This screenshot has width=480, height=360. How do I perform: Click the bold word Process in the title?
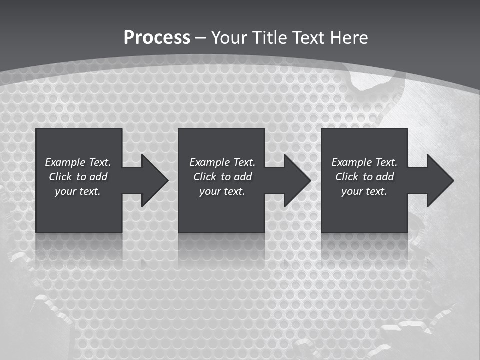[x=157, y=38]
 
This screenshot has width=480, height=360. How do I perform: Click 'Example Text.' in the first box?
[x=78, y=162]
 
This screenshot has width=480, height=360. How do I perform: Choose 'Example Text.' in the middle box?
[x=222, y=162]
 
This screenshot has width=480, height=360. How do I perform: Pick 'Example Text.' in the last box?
[x=364, y=162]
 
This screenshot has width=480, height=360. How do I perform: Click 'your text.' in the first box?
[x=78, y=191]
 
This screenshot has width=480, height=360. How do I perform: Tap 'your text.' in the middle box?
[x=222, y=191]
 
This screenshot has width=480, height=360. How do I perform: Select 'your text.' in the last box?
[x=364, y=191]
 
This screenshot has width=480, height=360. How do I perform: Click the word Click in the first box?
[x=60, y=177]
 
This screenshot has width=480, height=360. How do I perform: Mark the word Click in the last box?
[x=347, y=177]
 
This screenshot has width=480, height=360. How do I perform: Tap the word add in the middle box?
[x=243, y=177]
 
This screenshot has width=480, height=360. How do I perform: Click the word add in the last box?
[x=385, y=177]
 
